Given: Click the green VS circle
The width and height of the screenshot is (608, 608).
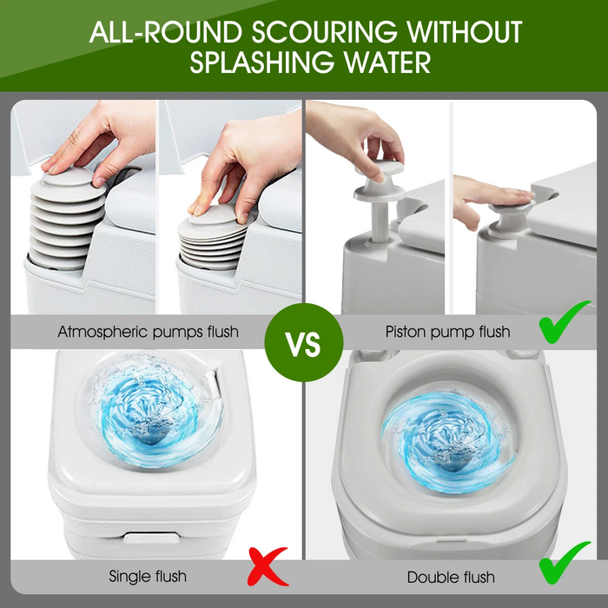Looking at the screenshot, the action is pos(304,343).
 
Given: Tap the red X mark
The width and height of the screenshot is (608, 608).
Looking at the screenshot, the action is pos(268,566).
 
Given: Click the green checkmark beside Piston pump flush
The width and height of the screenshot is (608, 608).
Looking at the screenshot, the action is pos(565,322).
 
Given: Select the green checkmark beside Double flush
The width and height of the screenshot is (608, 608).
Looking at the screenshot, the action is pos(565,562).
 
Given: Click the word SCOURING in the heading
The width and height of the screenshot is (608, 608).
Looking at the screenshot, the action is pos(325,32).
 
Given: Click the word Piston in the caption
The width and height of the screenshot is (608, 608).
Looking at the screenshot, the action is pos(405,332).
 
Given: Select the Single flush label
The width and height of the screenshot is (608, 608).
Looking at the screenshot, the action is pos(148,576).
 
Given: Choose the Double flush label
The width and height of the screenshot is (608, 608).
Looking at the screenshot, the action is pos(451,578).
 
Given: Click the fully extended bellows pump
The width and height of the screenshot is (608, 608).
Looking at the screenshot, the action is pos(67,219).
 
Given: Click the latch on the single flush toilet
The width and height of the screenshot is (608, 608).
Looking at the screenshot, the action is pos(152,538).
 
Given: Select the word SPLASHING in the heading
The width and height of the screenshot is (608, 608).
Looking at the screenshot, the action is pos(261,62).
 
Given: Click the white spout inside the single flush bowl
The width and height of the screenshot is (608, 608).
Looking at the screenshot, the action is pos(215,385).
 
